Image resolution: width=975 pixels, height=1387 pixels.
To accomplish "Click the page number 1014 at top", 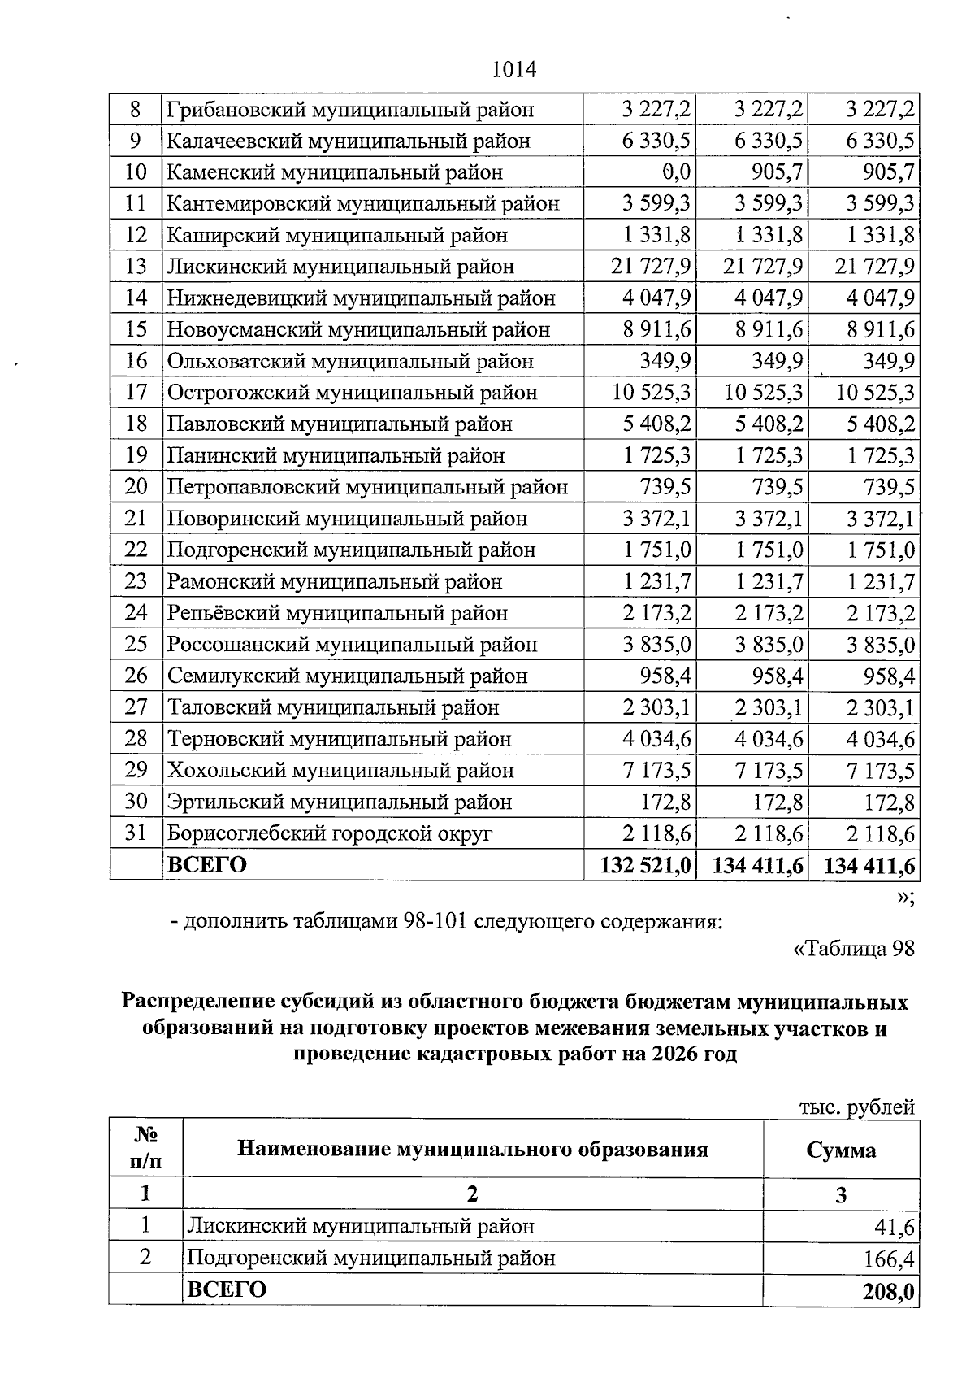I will tap(514, 70).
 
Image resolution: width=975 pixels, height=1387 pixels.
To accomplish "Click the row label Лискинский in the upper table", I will tap(340, 267).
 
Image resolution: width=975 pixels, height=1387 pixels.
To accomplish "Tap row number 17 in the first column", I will tap(136, 393).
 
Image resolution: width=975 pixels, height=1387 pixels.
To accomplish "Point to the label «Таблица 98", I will tap(852, 949).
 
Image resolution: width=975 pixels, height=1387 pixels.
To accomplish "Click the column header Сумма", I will tap(841, 1150).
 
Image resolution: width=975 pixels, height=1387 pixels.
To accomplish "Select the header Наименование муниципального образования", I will tap(472, 1149).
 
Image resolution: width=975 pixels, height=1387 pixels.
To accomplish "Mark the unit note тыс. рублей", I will tap(856, 1107).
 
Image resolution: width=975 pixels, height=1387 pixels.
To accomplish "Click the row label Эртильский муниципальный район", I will tap(340, 802).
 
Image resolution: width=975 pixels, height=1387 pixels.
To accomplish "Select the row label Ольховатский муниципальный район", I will tap(350, 361).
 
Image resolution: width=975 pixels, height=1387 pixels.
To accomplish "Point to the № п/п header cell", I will tap(145, 1148).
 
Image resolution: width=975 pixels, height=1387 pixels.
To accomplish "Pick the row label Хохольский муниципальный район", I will tap(340, 771).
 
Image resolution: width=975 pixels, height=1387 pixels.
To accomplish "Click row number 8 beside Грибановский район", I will tap(136, 109).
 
